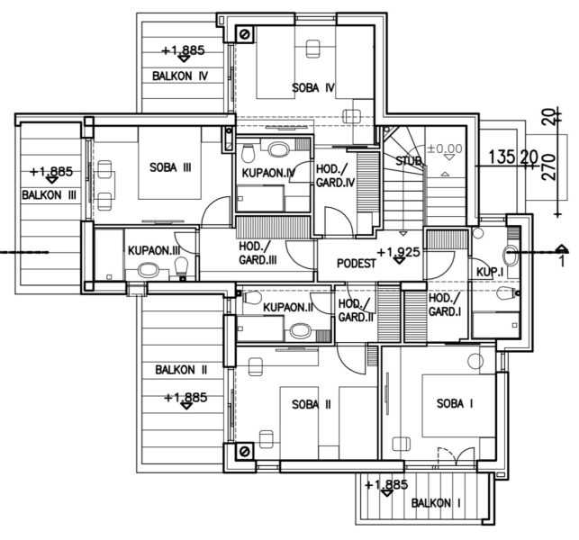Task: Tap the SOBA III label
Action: pyautogui.click(x=170, y=166)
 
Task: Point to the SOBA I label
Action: pyautogui.click(x=454, y=403)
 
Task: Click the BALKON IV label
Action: pyautogui.click(x=180, y=76)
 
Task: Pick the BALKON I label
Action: pyautogui.click(x=436, y=504)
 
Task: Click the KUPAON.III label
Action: pyautogui.click(x=154, y=249)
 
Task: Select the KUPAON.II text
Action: pyautogui.click(x=287, y=308)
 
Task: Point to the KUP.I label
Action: pyautogui.click(x=488, y=271)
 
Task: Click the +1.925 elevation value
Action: pyautogui.click(x=399, y=252)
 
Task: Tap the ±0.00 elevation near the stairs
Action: pyautogui.click(x=444, y=148)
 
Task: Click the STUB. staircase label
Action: pyautogui.click(x=410, y=160)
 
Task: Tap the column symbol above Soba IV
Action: pyautogui.click(x=245, y=34)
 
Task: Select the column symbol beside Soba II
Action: pyautogui.click(x=242, y=451)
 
